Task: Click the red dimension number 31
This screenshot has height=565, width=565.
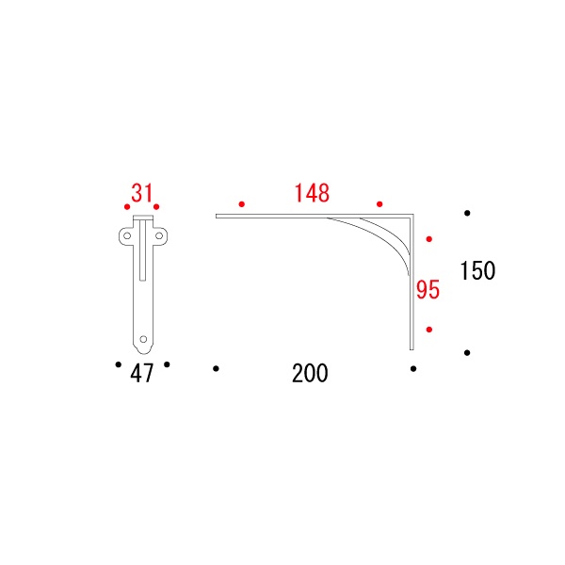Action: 142,193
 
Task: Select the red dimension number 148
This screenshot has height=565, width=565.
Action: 312,193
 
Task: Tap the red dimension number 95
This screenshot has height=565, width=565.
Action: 428,290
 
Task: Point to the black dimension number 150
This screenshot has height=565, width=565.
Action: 477,270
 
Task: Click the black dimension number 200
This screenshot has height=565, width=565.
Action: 310,373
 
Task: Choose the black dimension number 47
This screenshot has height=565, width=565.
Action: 142,373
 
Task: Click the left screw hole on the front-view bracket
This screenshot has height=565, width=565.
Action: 127,236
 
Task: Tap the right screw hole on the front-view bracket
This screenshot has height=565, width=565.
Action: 159,236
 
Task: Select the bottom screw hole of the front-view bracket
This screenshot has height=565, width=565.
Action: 143,339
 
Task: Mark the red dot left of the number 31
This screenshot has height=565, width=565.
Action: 127,207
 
